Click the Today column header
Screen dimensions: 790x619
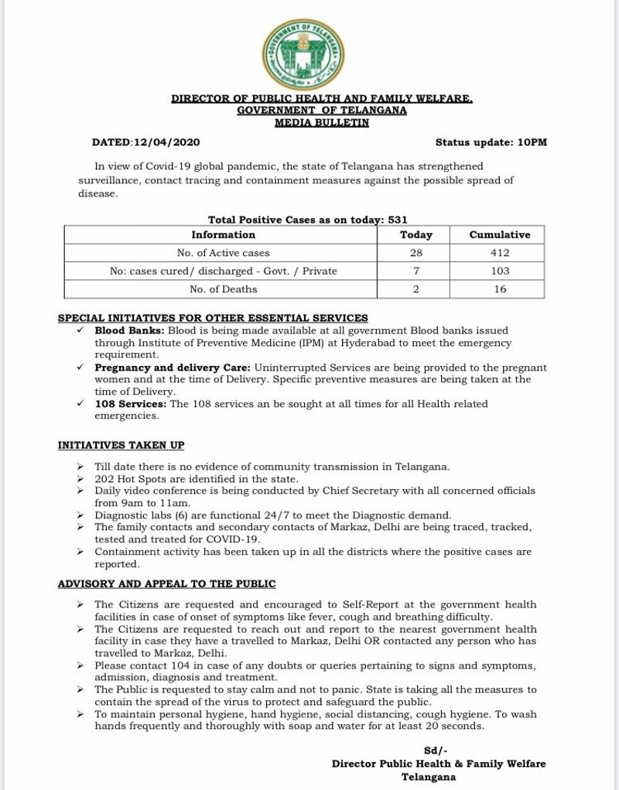click(x=416, y=234)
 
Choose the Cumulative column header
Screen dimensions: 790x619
click(x=500, y=234)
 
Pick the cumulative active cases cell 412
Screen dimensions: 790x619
click(x=500, y=253)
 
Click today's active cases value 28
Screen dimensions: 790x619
click(x=416, y=253)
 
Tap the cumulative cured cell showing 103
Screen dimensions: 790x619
click(x=500, y=271)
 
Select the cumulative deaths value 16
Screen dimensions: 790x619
click(x=500, y=289)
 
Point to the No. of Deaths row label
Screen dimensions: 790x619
click(x=224, y=289)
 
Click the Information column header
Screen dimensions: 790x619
click(x=224, y=234)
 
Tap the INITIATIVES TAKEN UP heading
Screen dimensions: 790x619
click(x=121, y=445)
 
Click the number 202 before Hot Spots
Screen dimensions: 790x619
click(x=104, y=479)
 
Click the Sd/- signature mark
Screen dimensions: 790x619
click(x=433, y=751)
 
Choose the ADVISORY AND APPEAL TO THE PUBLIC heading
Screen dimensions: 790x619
click(x=166, y=583)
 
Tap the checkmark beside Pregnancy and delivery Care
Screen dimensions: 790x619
click(x=80, y=368)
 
